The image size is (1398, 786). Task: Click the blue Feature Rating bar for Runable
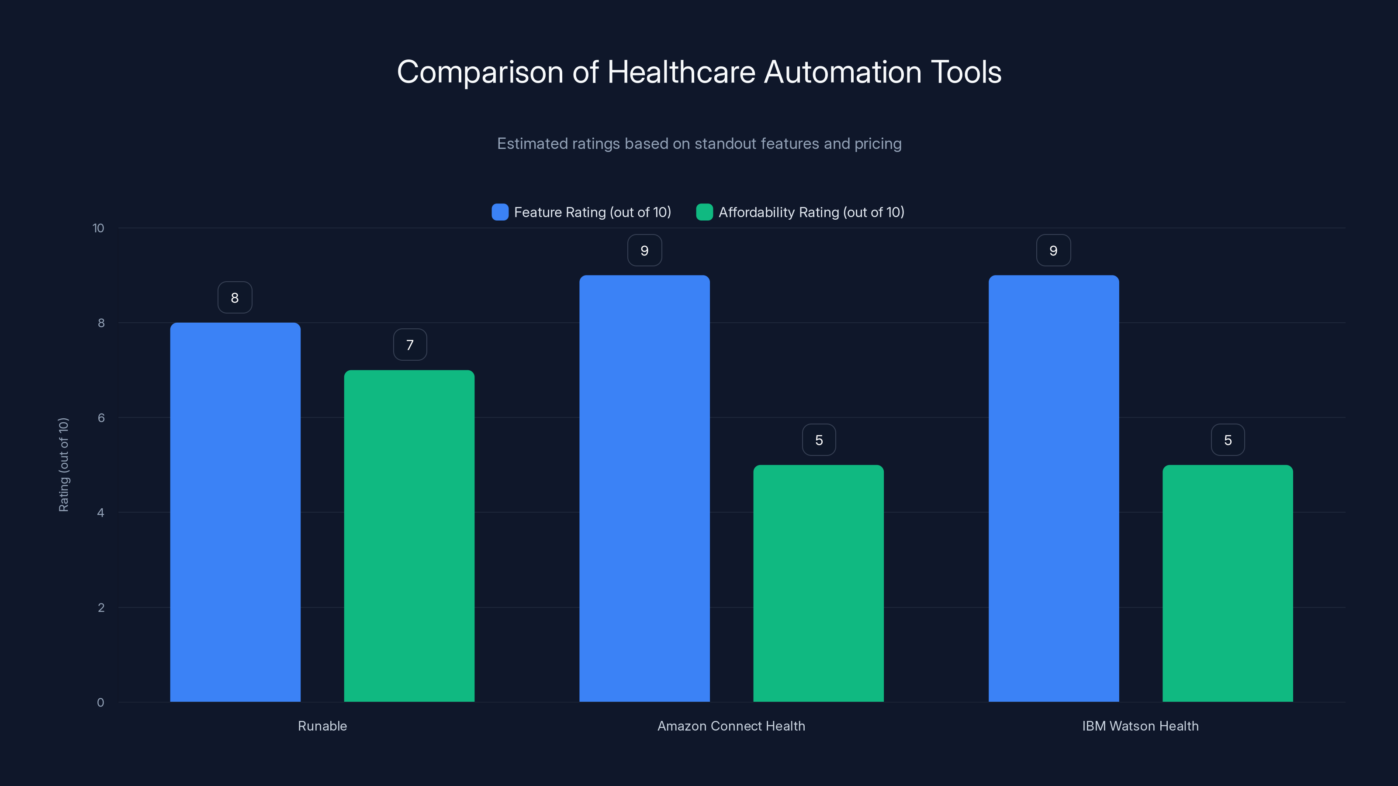click(x=235, y=512)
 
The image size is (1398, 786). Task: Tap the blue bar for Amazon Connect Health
click(x=644, y=488)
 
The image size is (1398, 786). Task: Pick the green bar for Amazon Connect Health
click(x=818, y=583)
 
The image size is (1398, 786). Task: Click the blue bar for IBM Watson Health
click(x=1053, y=488)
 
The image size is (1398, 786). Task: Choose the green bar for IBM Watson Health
click(x=1228, y=583)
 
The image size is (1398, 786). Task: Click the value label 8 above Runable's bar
click(x=235, y=297)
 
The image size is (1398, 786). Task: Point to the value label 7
click(x=410, y=345)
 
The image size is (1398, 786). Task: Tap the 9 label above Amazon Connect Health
click(x=644, y=250)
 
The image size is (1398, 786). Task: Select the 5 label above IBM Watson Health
click(x=1228, y=440)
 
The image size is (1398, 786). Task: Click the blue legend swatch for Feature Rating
click(x=500, y=212)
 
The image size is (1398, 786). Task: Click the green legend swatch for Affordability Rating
click(x=704, y=212)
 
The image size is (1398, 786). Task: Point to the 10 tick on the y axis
click(x=98, y=228)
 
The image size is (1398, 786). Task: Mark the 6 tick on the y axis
click(x=101, y=418)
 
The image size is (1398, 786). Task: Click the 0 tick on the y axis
click(x=100, y=703)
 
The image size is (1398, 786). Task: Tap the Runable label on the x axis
click(x=322, y=726)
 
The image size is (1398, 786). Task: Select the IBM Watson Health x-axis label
click(x=1140, y=726)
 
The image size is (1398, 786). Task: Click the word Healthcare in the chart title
click(x=681, y=72)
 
